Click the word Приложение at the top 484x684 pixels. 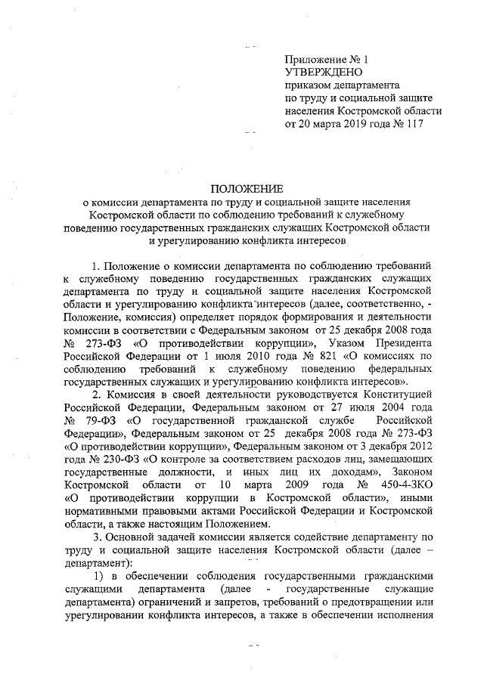(x=313, y=59)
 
